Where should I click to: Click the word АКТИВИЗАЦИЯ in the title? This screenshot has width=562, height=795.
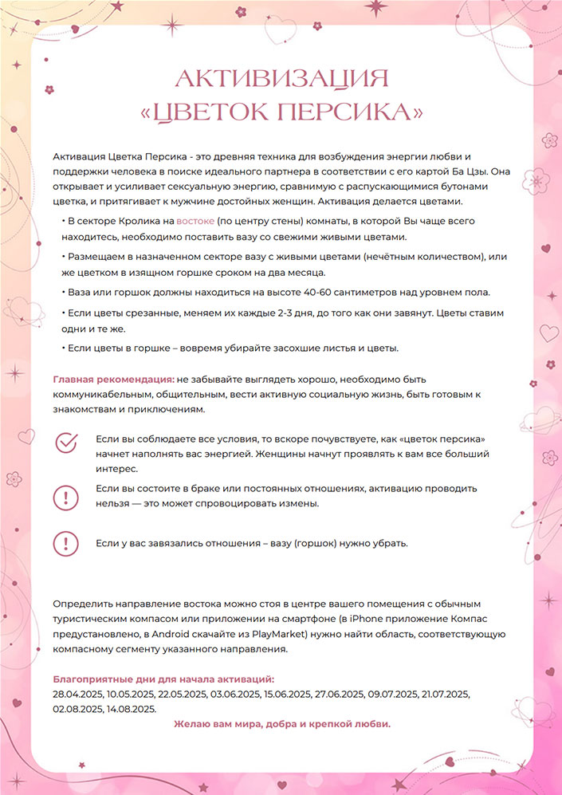click(x=281, y=79)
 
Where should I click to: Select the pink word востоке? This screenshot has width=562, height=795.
click(x=195, y=220)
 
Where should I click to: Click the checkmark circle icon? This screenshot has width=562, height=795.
click(x=66, y=443)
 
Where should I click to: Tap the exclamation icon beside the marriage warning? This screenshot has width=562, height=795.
click(x=66, y=496)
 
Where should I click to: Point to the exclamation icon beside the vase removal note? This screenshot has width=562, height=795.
click(x=66, y=544)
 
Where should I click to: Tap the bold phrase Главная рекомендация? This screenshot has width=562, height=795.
click(x=113, y=380)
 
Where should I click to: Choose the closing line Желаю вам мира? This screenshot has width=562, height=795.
click(x=282, y=724)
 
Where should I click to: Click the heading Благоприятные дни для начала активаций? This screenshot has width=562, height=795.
click(x=163, y=679)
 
